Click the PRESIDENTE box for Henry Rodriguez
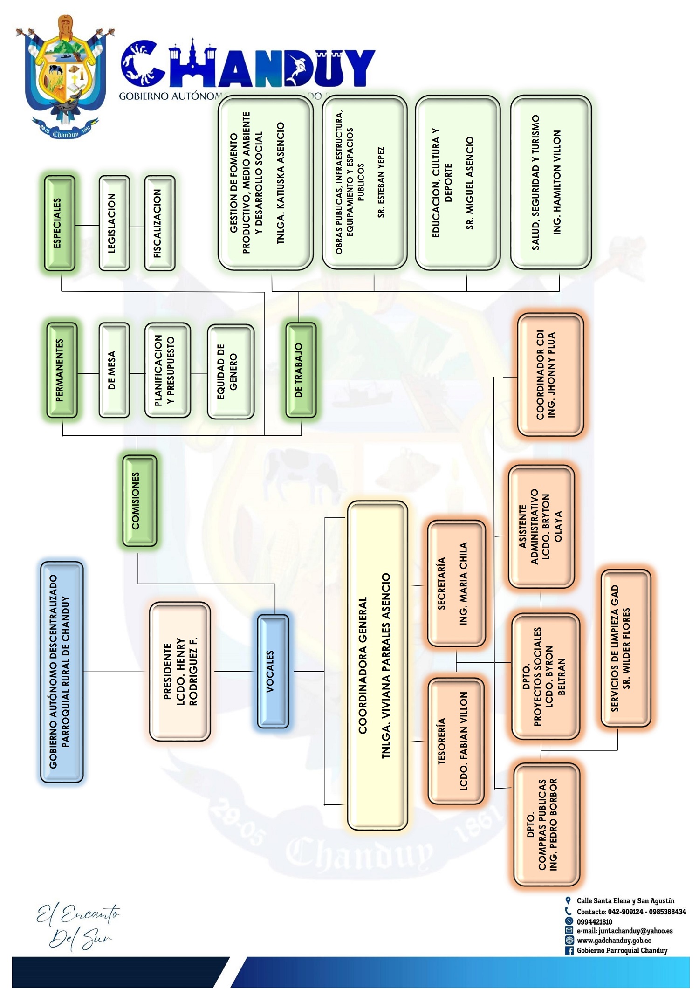[x=180, y=672]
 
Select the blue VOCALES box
[x=273, y=671]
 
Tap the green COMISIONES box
[x=139, y=501]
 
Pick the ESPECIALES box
[x=60, y=223]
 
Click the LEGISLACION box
[x=114, y=223]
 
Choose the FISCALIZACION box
[x=160, y=223]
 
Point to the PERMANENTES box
[x=62, y=370]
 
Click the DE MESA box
[x=114, y=370]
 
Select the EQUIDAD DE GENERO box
[x=230, y=371]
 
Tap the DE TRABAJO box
[x=301, y=370]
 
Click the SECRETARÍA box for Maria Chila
[x=456, y=584]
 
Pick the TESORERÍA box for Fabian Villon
[x=456, y=741]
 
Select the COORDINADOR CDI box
[x=550, y=375]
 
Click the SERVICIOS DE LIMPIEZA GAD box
[x=625, y=648]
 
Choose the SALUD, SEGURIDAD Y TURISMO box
[x=551, y=182]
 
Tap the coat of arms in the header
[x=63, y=77]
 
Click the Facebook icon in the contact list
[x=569, y=950]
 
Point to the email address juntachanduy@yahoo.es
[x=624, y=931]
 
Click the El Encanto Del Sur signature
[x=78, y=926]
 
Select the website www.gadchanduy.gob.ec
[x=614, y=941]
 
